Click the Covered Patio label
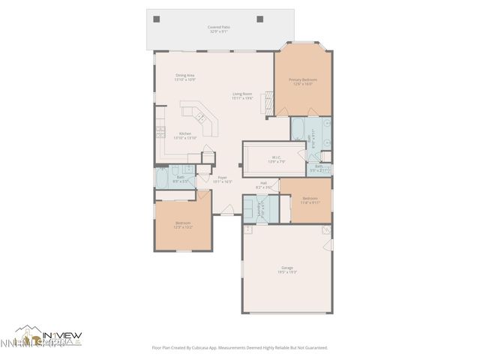click(x=219, y=29)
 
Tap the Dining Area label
click(x=185, y=77)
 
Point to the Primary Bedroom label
click(x=303, y=82)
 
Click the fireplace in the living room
click(x=264, y=106)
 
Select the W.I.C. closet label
click(x=277, y=160)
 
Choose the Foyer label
click(x=223, y=179)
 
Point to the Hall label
click(x=264, y=184)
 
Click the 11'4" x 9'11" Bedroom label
click(x=310, y=200)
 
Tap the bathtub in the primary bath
click(x=298, y=133)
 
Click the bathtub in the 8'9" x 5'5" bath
click(x=163, y=178)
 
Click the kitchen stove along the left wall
click(x=160, y=131)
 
